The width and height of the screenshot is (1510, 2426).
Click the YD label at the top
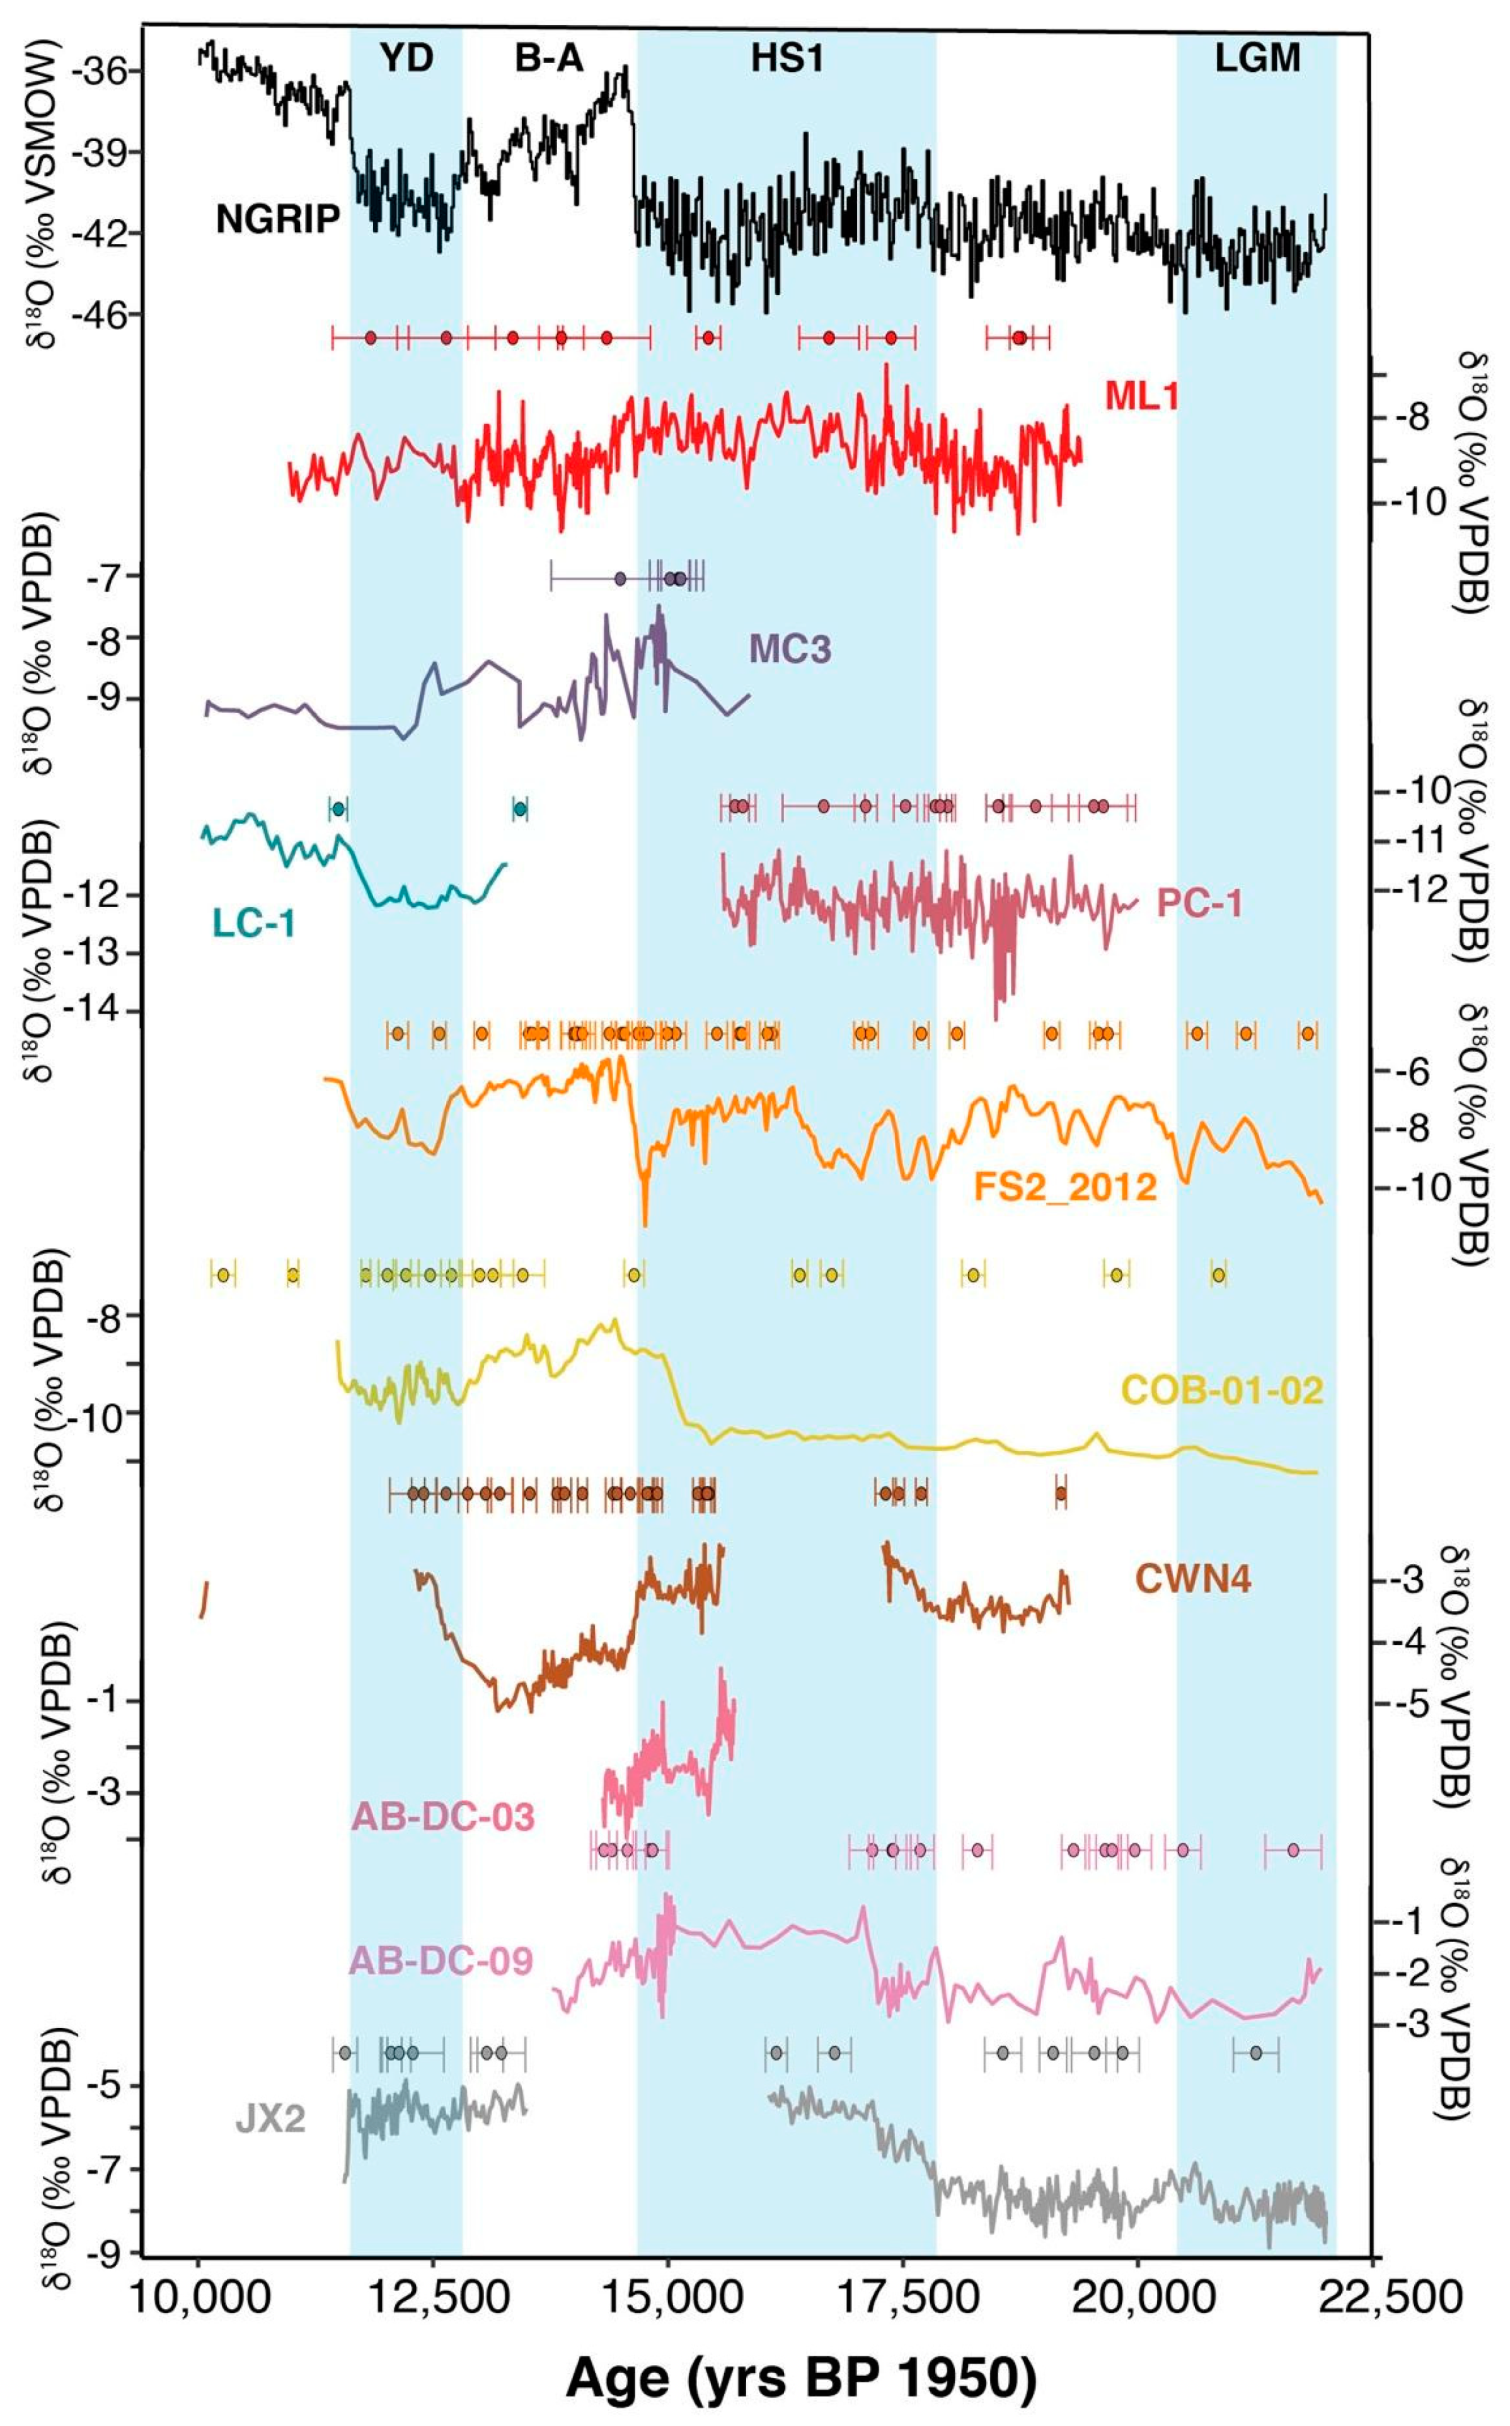click(x=406, y=59)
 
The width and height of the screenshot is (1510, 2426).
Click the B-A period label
click(x=548, y=59)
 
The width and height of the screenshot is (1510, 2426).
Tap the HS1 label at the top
click(x=787, y=59)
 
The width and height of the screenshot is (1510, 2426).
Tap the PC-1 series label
click(x=1199, y=903)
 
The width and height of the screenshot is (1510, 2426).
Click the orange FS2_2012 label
click(x=1064, y=1187)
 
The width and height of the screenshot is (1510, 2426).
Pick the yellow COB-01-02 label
click(x=1223, y=1391)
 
